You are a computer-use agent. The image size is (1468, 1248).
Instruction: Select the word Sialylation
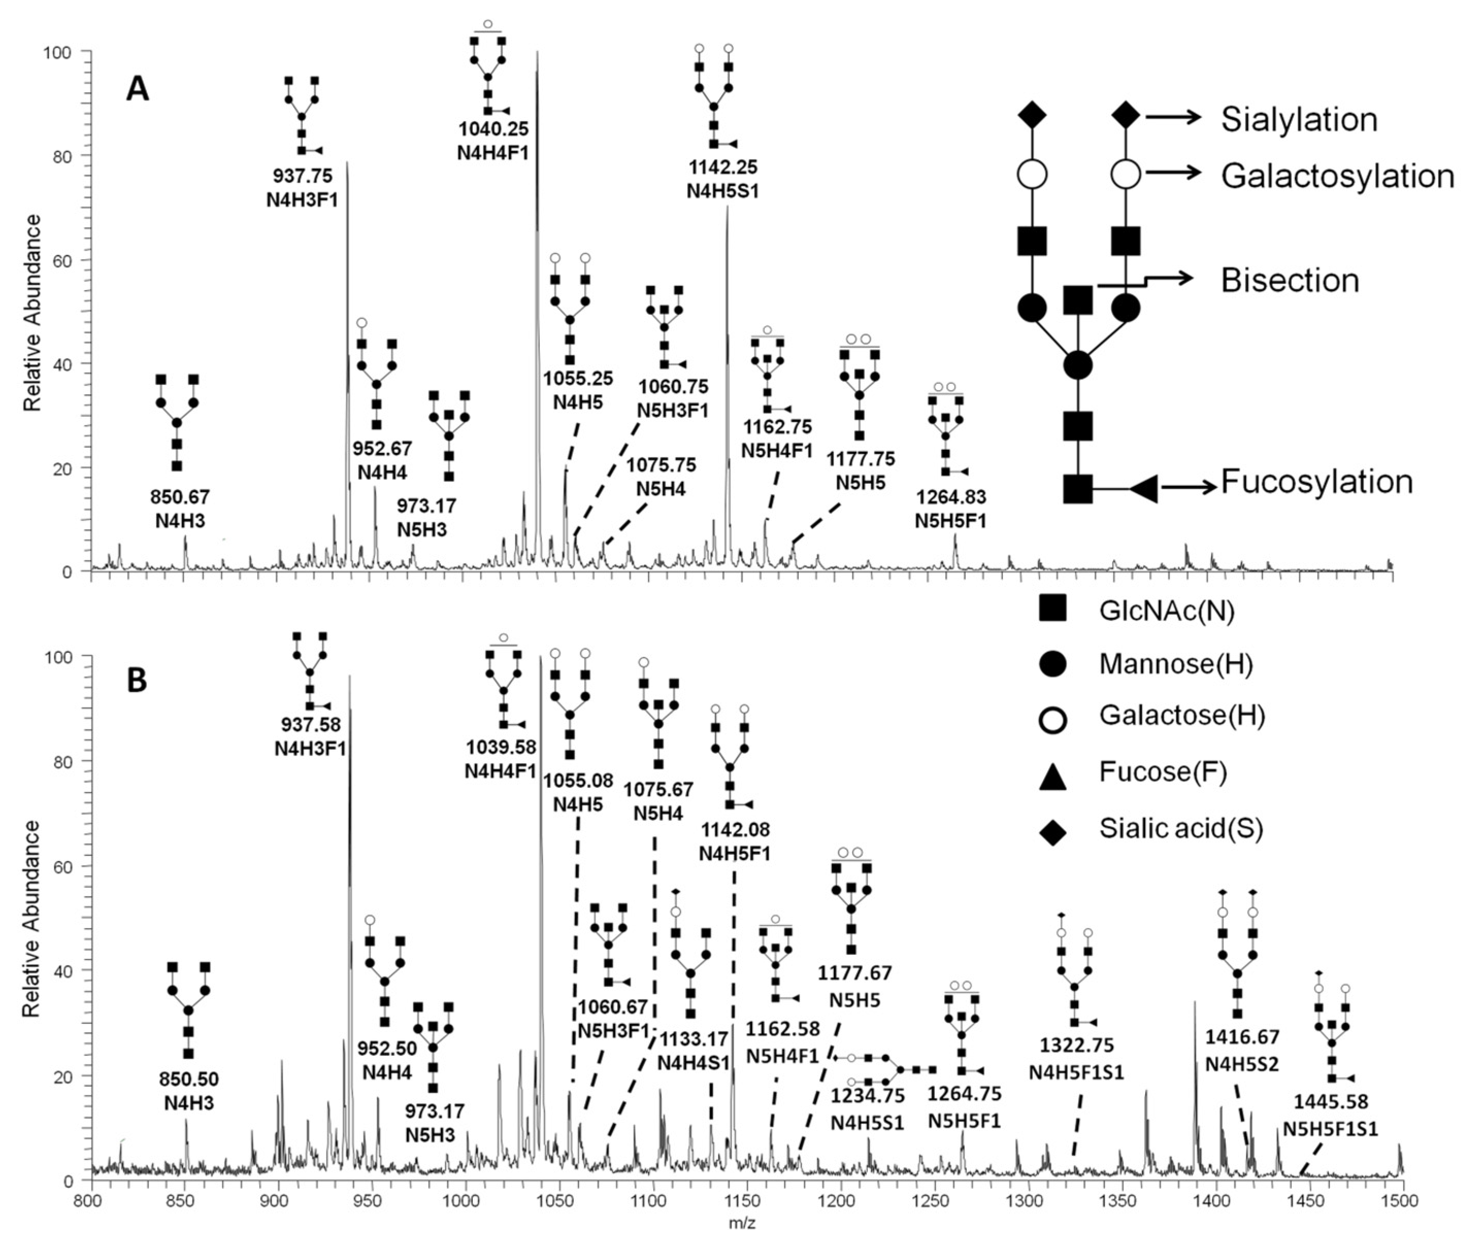[1299, 120]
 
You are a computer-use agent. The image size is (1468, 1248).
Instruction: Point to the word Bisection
[1290, 281]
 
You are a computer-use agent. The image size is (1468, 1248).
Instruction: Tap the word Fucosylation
[1316, 482]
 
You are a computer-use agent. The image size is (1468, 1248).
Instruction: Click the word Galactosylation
[1337, 176]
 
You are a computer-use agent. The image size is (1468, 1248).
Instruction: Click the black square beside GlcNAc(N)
[1052, 609]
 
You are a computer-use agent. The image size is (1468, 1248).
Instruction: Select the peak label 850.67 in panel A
[183, 497]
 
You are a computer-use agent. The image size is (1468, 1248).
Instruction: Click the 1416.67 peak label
[1242, 1038]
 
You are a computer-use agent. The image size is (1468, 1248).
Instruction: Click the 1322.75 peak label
[1076, 1045]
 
